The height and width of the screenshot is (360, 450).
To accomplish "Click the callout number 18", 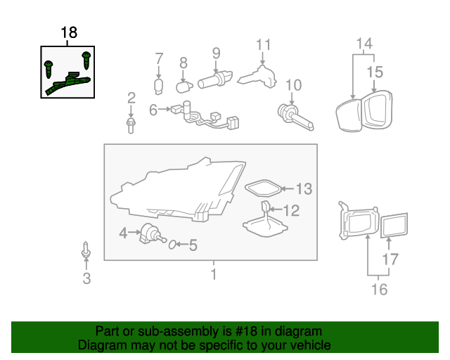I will click(69, 32).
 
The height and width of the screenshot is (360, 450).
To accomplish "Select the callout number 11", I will click(263, 45).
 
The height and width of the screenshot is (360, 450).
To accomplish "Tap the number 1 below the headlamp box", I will click(214, 274).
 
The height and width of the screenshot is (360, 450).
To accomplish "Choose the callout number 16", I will click(378, 288).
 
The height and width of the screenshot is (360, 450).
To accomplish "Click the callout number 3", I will click(86, 279).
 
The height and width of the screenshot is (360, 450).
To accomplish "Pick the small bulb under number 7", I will click(159, 86).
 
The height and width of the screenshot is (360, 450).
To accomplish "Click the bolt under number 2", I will click(131, 124).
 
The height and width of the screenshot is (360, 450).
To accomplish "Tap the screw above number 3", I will click(86, 251).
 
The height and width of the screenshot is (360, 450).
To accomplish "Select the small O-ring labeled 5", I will click(171, 245).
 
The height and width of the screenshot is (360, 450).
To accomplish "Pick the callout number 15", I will click(374, 72).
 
